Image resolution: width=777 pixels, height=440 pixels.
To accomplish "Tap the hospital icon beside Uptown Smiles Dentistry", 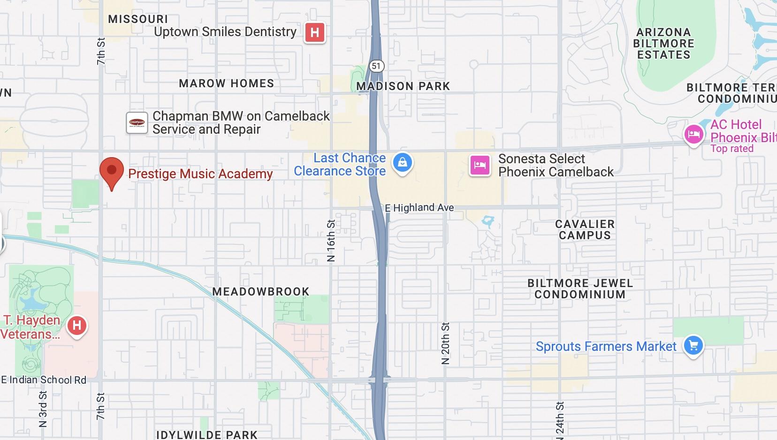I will pyautogui.click(x=315, y=33).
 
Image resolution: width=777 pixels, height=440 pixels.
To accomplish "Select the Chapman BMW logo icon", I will pyautogui.click(x=137, y=123).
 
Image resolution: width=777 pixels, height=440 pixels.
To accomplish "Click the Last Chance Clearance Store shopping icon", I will pyautogui.click(x=402, y=163).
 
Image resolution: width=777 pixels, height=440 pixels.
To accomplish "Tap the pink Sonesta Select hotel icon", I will pyautogui.click(x=480, y=166).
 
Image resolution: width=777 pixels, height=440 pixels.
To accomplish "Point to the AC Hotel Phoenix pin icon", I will pyautogui.click(x=693, y=135).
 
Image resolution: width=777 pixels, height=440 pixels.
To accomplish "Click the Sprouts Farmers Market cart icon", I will pyautogui.click(x=693, y=346).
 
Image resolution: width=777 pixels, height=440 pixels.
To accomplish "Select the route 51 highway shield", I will pyautogui.click(x=376, y=66).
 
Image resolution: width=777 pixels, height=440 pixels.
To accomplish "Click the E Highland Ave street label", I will pyautogui.click(x=419, y=207).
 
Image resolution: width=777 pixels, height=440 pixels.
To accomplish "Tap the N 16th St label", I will pyautogui.click(x=331, y=240).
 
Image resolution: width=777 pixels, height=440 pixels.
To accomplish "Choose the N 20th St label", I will pyautogui.click(x=445, y=343).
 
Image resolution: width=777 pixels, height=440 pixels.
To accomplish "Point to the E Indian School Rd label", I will pyautogui.click(x=44, y=380).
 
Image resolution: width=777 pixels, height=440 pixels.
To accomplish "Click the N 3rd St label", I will pyautogui.click(x=43, y=409).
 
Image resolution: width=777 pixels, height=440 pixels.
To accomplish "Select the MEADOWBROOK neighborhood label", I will pyautogui.click(x=261, y=292).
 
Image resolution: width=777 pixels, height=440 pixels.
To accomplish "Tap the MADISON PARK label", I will pyautogui.click(x=403, y=86).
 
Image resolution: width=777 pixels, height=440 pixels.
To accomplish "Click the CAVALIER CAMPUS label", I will pyautogui.click(x=585, y=230).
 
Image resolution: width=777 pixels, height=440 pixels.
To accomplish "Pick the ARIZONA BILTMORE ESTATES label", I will pyautogui.click(x=663, y=44).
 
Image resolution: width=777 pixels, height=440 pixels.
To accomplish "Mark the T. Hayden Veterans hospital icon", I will pyautogui.click(x=77, y=325).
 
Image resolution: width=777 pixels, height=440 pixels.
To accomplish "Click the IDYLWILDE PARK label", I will pyautogui.click(x=207, y=435).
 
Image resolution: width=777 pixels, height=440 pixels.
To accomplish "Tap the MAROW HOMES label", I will pyautogui.click(x=226, y=83).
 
